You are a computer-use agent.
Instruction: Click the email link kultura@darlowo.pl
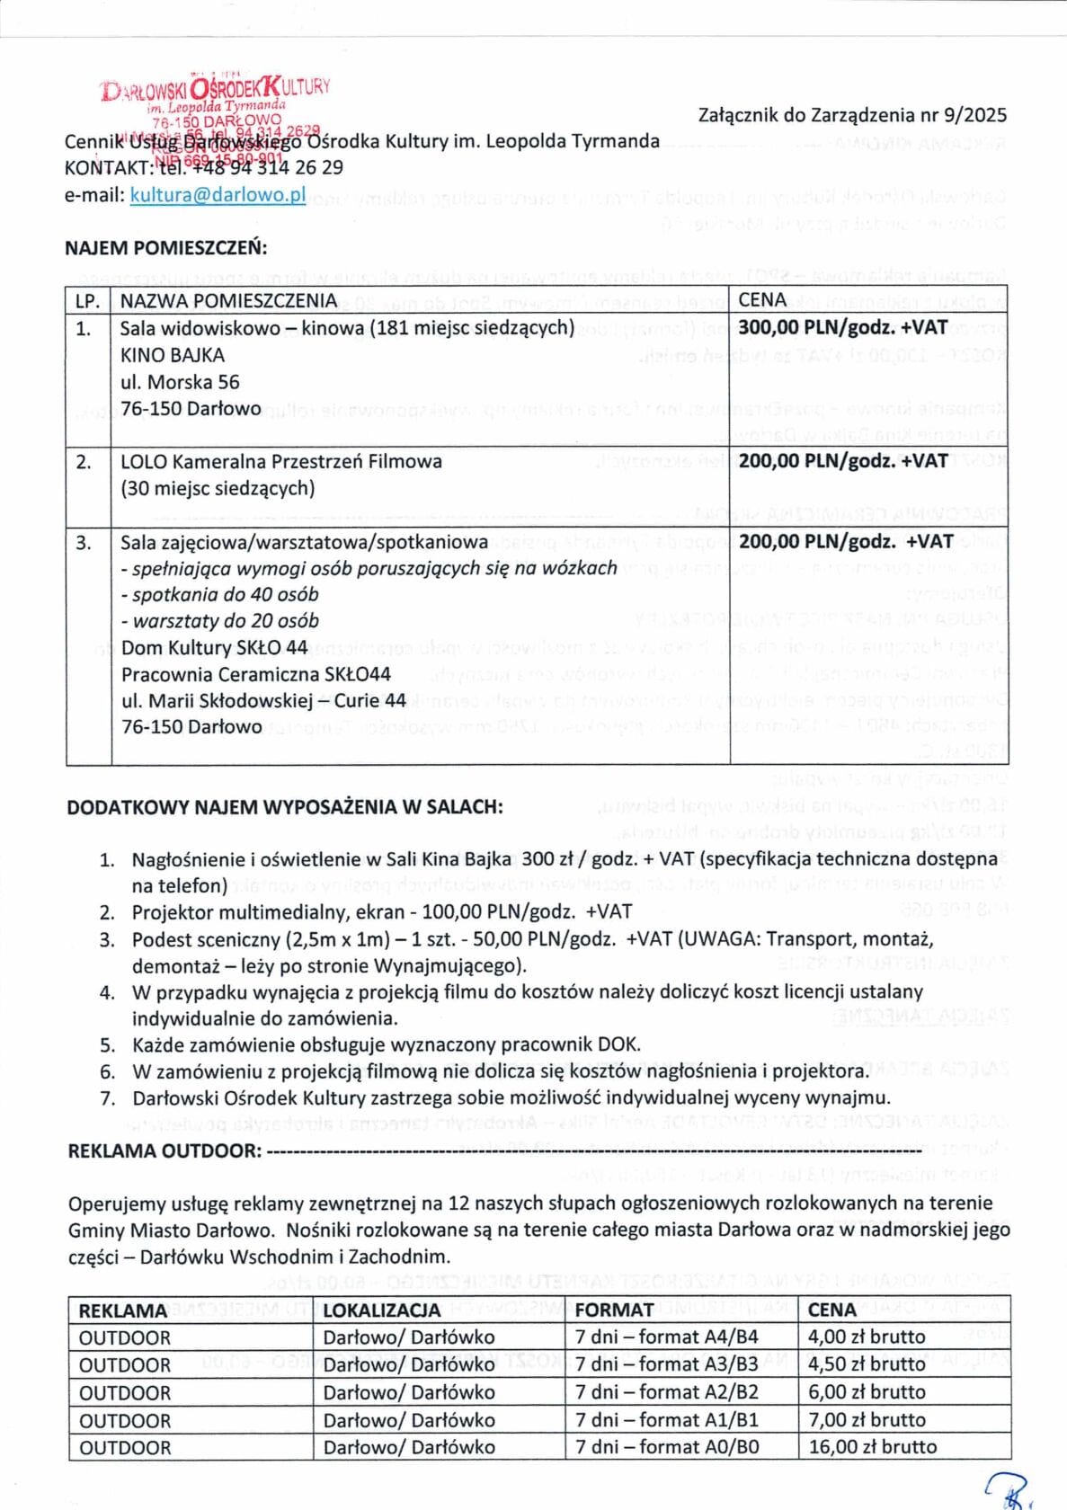218,195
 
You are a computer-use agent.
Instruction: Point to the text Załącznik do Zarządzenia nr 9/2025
852,115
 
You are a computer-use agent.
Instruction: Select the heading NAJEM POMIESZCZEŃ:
166,248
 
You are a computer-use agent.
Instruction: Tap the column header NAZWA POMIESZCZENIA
228,301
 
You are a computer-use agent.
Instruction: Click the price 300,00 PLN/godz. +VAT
842,328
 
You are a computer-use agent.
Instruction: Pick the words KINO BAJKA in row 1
173,355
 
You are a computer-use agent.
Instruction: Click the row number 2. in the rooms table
84,462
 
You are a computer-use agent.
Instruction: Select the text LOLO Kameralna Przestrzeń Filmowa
281,462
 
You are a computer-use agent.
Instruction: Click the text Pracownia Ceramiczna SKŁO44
256,674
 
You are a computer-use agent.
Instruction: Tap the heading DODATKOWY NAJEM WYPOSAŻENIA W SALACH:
284,807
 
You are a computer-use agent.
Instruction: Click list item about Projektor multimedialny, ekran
381,912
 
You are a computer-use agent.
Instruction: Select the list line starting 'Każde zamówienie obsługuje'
386,1044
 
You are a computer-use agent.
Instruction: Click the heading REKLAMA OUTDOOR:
164,1150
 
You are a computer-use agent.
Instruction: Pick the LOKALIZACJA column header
382,1310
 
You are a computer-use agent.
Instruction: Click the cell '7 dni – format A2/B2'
666,1392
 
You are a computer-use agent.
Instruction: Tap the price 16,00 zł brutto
872,1447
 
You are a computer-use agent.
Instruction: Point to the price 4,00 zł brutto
866,1337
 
